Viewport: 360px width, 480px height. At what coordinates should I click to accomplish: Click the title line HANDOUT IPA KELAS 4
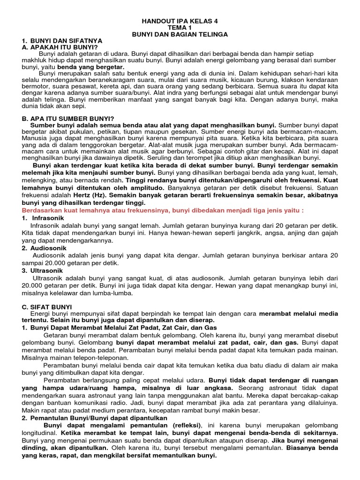tap(180, 21)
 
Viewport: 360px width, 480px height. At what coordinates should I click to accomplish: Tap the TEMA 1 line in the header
tap(180, 28)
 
